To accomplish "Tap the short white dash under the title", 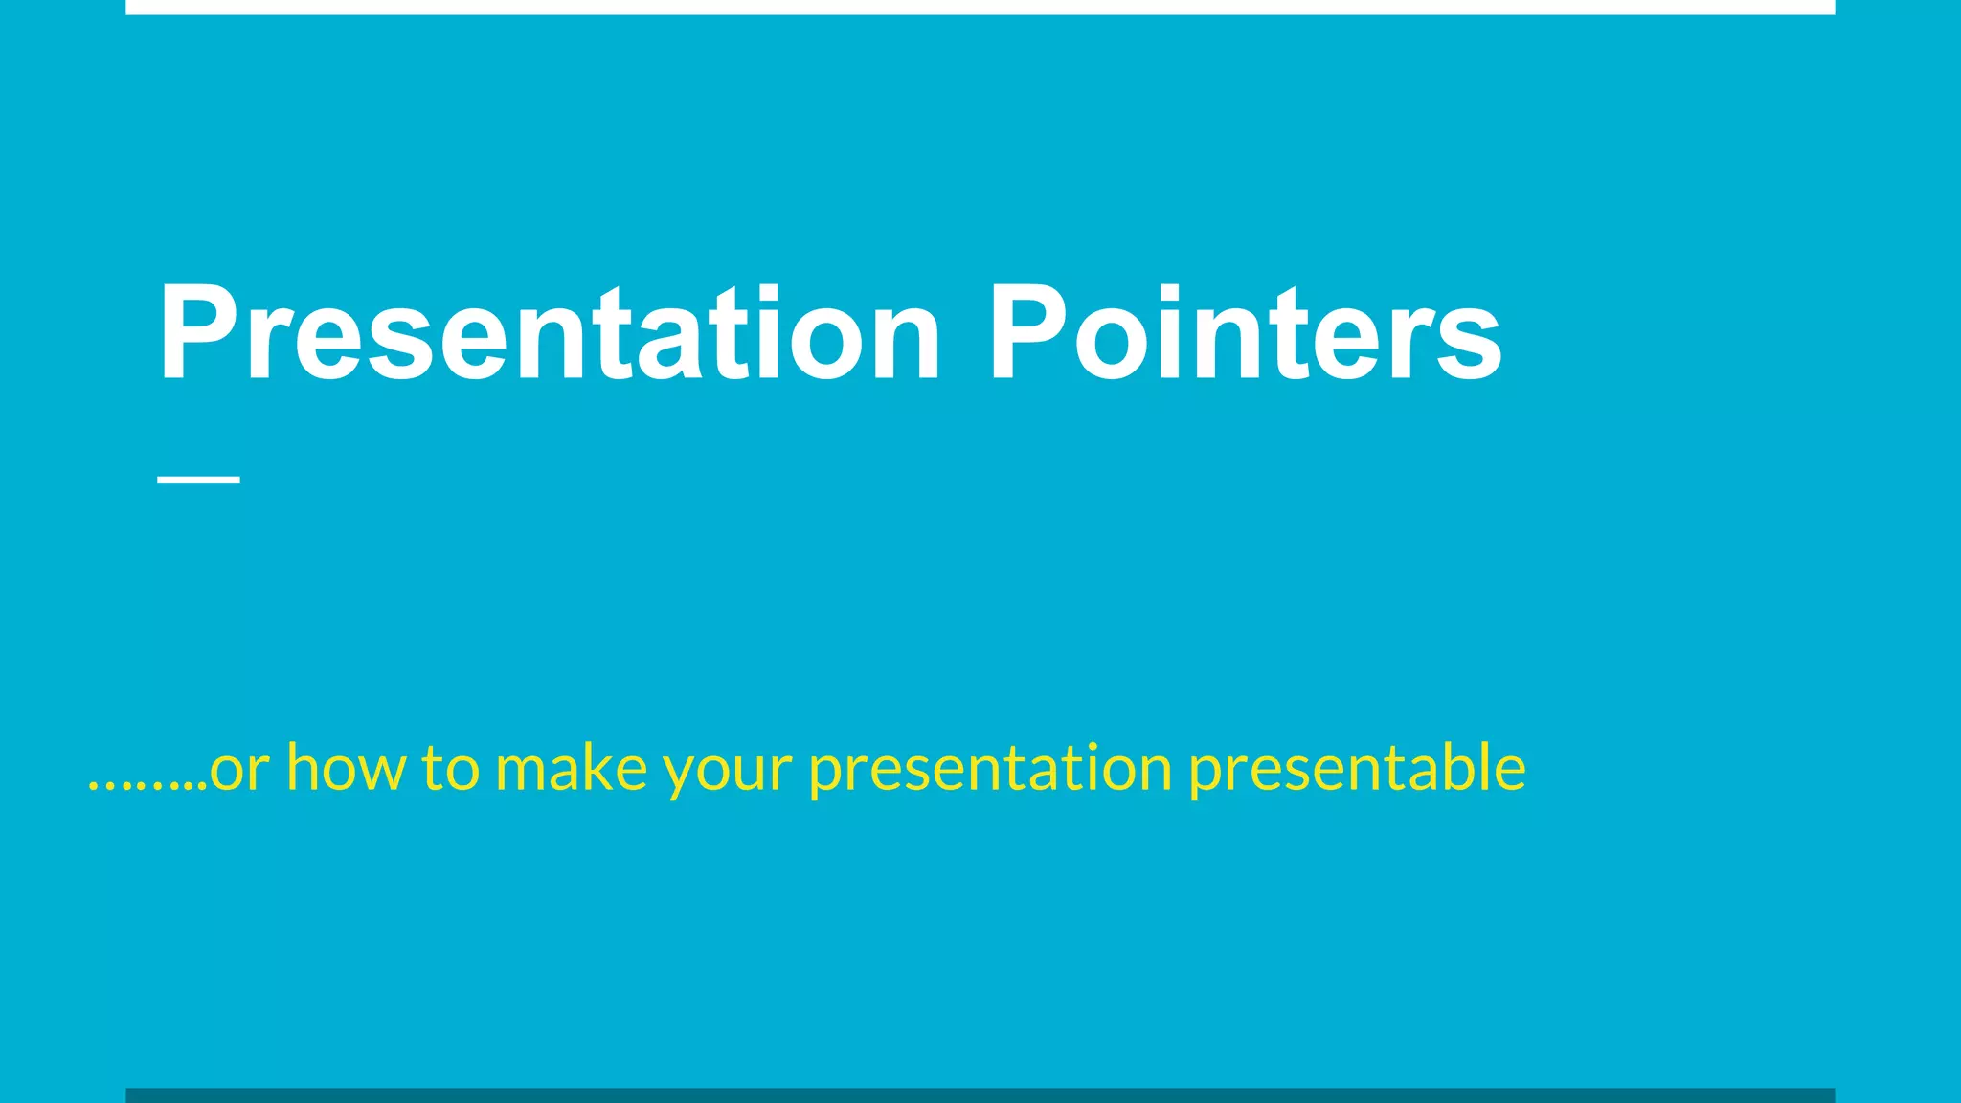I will [x=198, y=478].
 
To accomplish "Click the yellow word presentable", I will [x=1357, y=769].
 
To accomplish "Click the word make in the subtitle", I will [x=571, y=769].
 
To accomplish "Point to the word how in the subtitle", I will [x=346, y=769].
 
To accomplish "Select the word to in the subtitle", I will [x=450, y=769].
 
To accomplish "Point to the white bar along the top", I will [x=980, y=7].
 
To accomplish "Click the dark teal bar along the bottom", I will [x=980, y=1095].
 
